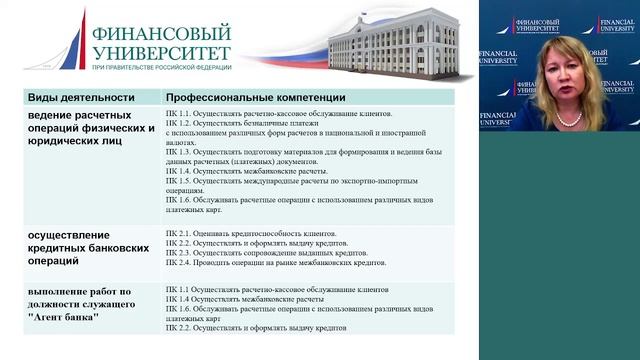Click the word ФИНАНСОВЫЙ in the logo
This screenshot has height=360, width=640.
point(161,32)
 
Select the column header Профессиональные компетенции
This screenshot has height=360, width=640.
point(256,98)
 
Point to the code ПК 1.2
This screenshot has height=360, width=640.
point(179,126)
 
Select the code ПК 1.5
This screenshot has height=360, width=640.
point(179,181)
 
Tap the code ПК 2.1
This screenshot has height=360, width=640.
point(179,231)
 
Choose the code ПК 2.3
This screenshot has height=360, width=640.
point(179,253)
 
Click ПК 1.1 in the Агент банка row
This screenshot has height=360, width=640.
point(179,288)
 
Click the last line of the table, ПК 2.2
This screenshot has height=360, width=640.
point(179,328)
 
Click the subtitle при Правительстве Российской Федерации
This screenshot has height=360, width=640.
point(161,68)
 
